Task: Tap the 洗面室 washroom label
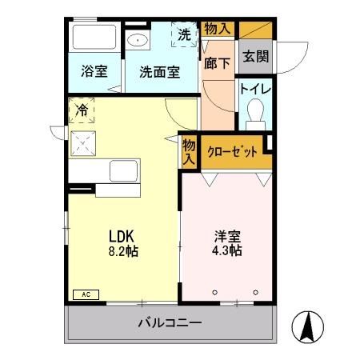point(159,70)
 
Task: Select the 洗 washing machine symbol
point(184,34)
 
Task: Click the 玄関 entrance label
point(255,56)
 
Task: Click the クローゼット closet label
point(232,152)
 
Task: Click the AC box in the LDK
point(85,294)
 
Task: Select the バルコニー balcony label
point(169,323)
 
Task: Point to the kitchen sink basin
point(122,171)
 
